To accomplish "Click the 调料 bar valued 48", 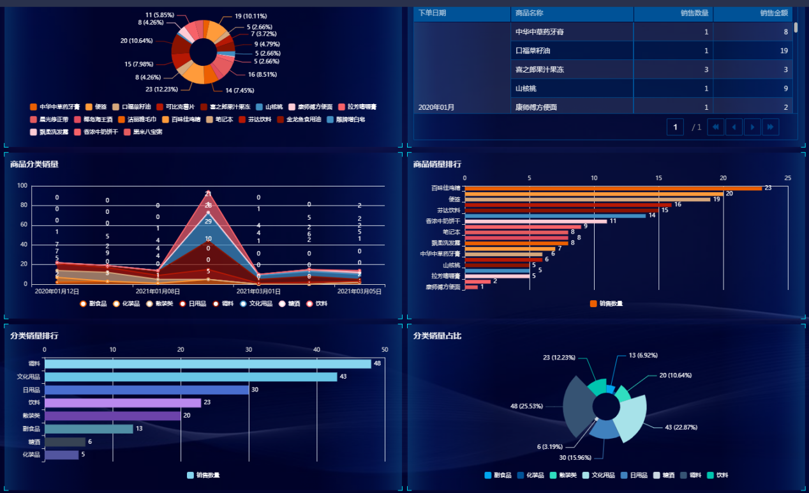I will [x=207, y=363].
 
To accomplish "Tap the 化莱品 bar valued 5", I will [x=61, y=455].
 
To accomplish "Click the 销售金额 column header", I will [x=773, y=13].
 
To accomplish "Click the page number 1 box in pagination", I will [x=675, y=127].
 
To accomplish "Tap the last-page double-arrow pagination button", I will [x=770, y=127].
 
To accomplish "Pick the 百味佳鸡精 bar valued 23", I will [x=613, y=188].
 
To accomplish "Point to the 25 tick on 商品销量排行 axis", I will [x=788, y=178].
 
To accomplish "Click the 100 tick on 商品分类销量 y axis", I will [x=22, y=186].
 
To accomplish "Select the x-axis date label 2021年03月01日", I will [x=258, y=291].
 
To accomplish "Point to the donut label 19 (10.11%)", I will [x=250, y=16].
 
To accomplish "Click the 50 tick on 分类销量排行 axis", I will [x=385, y=349].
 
